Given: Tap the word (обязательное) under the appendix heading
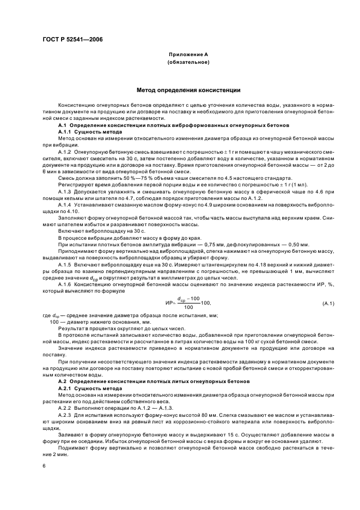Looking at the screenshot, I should pyautogui.click(x=188, y=63).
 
